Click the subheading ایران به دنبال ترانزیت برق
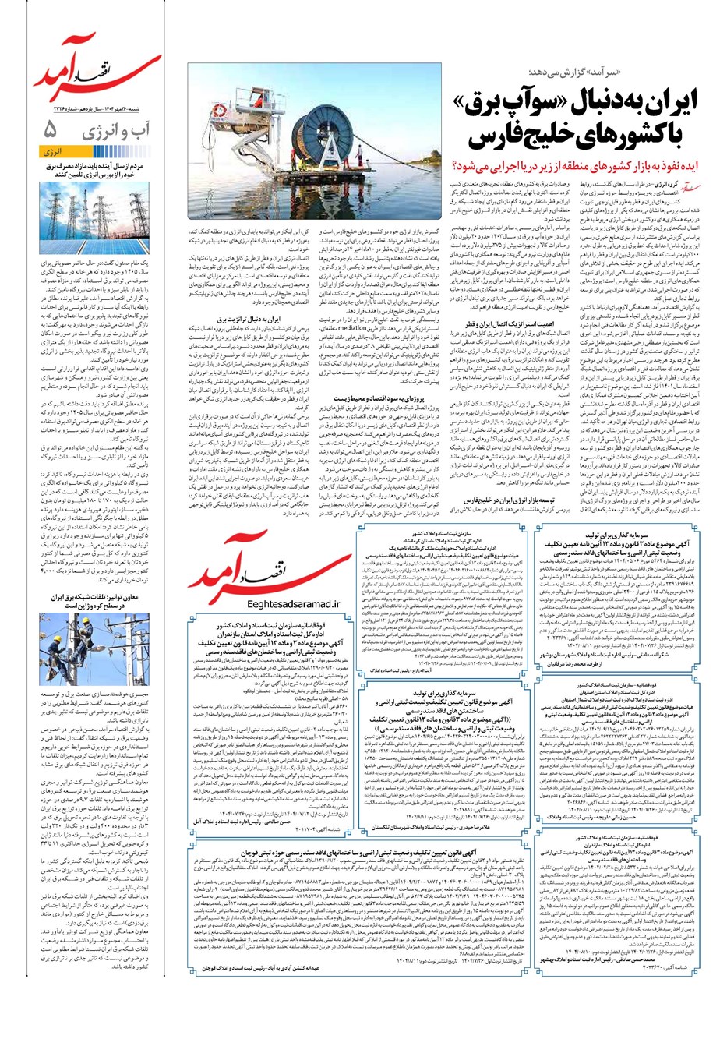(243, 320)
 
